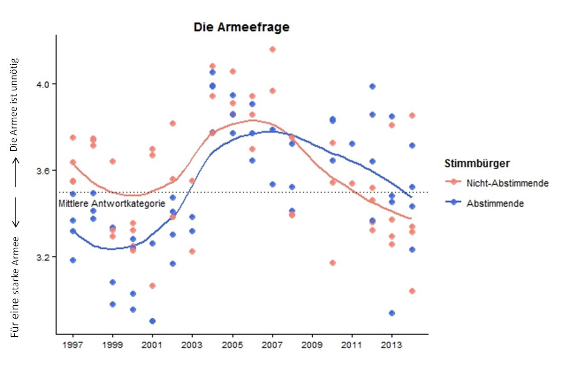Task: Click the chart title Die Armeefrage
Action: [241, 27]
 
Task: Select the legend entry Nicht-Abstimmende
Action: [507, 183]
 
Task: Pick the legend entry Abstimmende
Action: [495, 203]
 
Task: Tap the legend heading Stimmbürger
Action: [477, 163]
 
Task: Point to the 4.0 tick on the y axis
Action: [44, 84]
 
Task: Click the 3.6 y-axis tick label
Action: [44, 171]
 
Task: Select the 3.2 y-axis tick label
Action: [44, 257]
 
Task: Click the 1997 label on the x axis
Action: [73, 344]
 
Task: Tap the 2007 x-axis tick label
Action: [272, 344]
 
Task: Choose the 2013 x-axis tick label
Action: [392, 344]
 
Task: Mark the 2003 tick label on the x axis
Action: [192, 344]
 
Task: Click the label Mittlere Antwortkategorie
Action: [112, 204]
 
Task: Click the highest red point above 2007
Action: [273, 49]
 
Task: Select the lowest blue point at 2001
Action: [153, 321]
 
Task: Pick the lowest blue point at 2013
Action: [392, 313]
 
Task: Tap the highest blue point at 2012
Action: [372, 86]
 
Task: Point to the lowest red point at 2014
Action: [412, 291]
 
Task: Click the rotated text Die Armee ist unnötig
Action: [15, 105]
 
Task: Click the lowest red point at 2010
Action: [332, 263]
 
